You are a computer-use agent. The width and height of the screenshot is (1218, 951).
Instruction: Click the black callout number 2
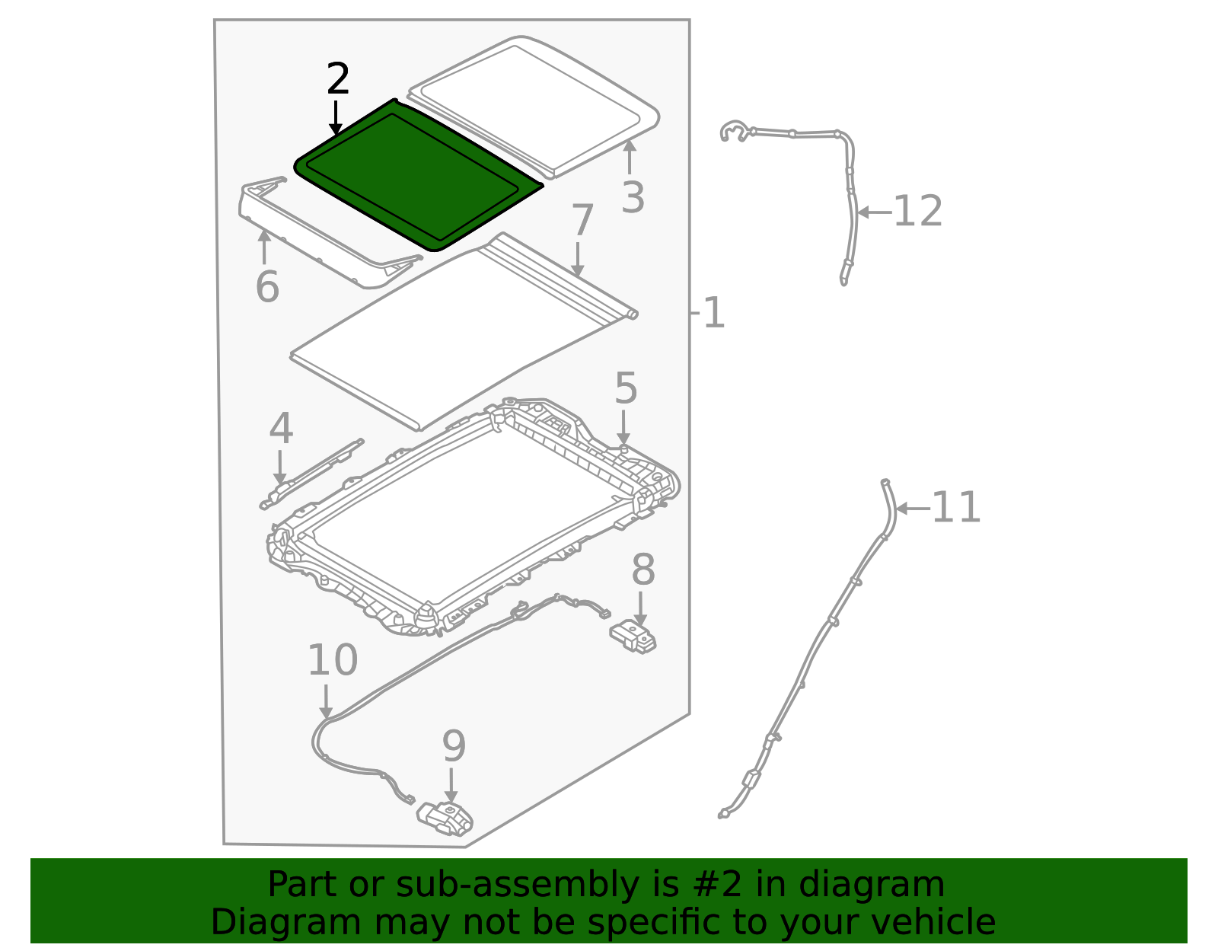click(x=338, y=80)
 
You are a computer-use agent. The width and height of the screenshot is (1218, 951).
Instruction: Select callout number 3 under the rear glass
click(x=633, y=198)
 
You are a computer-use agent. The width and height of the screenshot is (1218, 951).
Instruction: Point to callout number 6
click(x=267, y=288)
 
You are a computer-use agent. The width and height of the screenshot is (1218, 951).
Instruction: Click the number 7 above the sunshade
click(x=582, y=222)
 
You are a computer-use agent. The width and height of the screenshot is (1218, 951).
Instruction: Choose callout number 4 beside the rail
click(x=281, y=429)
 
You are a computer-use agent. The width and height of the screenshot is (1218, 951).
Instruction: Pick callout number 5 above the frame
click(x=626, y=388)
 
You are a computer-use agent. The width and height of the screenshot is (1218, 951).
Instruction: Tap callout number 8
click(x=643, y=570)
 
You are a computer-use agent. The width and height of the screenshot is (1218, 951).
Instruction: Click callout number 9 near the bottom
click(x=454, y=746)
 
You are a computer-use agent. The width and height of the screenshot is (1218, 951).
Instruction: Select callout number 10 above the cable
click(x=332, y=660)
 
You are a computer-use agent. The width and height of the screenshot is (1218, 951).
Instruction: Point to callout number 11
click(x=956, y=508)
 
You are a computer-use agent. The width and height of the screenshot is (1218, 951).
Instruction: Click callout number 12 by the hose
click(x=917, y=212)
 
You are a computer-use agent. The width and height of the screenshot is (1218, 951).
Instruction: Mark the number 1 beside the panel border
click(x=713, y=313)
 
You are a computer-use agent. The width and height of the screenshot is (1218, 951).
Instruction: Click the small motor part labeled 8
click(x=633, y=637)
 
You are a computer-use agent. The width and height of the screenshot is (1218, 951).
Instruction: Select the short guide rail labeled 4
click(x=312, y=474)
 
